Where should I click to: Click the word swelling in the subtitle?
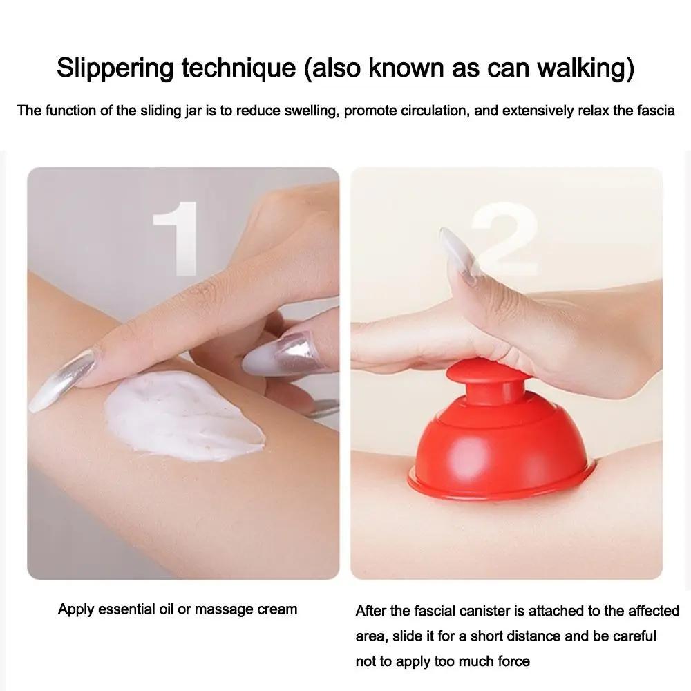pyautogui.click(x=301, y=111)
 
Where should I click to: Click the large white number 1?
pyautogui.click(x=175, y=238)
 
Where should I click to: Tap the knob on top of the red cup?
pyautogui.click(x=487, y=377)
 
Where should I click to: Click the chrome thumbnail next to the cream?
pyautogui.click(x=281, y=355)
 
